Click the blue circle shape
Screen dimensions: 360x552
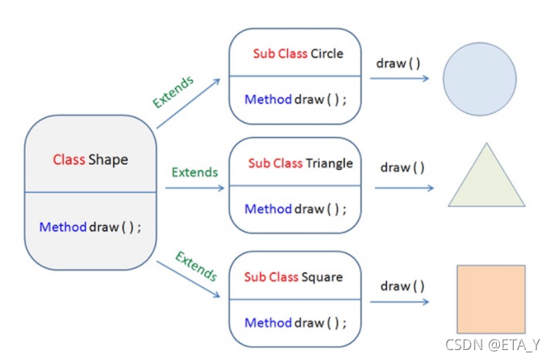pyautogui.click(x=480, y=79)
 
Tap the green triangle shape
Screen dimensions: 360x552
pyautogui.click(x=486, y=181)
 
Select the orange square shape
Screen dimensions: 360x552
pyautogui.click(x=491, y=299)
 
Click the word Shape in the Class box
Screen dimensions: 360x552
pyautogui.click(x=108, y=160)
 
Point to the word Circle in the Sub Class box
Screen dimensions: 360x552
pyautogui.click(x=327, y=54)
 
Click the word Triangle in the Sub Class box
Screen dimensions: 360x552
pyautogui.click(x=329, y=163)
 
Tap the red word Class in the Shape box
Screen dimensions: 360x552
pyautogui.click(x=69, y=160)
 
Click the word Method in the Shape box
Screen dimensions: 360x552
pyautogui.click(x=63, y=227)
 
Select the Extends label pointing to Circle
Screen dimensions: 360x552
pyautogui.click(x=173, y=91)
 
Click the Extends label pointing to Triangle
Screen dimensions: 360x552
pyautogui.click(x=194, y=172)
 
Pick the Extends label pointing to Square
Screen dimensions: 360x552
pyautogui.click(x=196, y=266)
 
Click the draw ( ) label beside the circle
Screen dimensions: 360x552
pyautogui.click(x=398, y=63)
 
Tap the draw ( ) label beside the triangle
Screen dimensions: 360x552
pyautogui.click(x=402, y=168)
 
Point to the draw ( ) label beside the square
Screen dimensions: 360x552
pyautogui.click(x=402, y=286)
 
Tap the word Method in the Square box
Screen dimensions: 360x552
pyautogui.click(x=268, y=322)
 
